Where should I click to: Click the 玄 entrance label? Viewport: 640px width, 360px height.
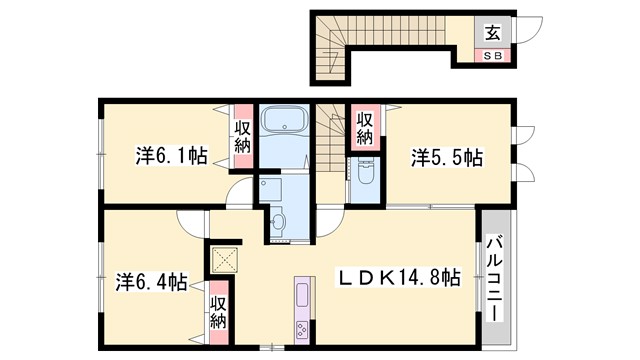pos(493,32)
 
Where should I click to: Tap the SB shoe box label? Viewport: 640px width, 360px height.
pos(494,55)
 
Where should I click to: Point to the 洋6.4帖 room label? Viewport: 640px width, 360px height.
pos(150,282)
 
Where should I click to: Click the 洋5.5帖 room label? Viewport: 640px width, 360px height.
pos(447,157)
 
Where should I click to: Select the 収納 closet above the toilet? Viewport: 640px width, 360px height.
pos(365,127)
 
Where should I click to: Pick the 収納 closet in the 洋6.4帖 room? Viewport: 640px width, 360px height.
pos(218,311)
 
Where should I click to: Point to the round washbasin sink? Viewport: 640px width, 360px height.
pos(279,219)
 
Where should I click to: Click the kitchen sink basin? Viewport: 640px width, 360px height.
pos(302,296)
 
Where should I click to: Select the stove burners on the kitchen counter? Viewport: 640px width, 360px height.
pos(302,327)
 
